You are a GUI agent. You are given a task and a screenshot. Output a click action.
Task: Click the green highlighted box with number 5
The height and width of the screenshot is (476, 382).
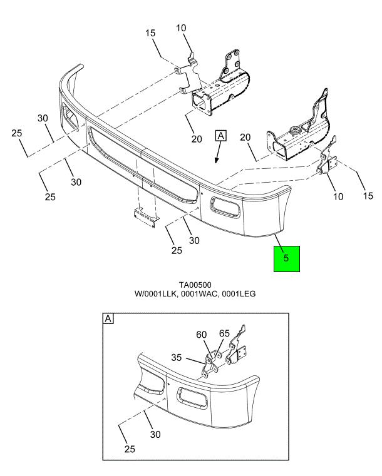click(287, 259)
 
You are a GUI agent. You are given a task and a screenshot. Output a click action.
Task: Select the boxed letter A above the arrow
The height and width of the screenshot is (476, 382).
click(221, 135)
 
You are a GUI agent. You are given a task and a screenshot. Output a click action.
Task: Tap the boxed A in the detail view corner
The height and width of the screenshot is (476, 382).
click(108, 319)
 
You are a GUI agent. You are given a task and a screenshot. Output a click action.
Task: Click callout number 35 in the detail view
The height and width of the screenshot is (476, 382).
click(176, 357)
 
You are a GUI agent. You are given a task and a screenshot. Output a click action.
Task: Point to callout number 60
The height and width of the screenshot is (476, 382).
click(201, 335)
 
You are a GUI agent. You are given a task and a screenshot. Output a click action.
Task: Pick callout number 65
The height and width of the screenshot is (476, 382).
click(225, 333)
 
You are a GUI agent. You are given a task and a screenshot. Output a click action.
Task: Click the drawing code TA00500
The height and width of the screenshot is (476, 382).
click(195, 285)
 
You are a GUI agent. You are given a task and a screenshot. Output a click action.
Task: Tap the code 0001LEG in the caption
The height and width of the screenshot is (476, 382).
click(239, 293)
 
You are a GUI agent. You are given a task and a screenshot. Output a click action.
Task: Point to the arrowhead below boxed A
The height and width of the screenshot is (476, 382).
click(217, 160)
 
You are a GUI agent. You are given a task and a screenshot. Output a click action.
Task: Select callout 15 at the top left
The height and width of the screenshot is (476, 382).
click(150, 33)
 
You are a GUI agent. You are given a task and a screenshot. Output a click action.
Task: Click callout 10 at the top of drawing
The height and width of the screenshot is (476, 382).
click(181, 28)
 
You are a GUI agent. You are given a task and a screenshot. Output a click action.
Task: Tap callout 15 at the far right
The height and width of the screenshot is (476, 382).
click(368, 196)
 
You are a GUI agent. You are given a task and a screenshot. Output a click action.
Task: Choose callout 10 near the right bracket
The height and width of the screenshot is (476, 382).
click(338, 196)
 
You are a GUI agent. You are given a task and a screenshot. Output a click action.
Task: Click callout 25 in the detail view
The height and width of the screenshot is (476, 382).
click(130, 448)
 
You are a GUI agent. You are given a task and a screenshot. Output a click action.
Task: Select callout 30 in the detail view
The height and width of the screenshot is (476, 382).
click(155, 435)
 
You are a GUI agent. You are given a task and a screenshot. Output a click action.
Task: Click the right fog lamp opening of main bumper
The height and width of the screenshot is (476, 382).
click(226, 208)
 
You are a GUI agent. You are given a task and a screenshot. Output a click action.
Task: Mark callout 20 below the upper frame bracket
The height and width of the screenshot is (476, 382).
click(197, 139)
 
